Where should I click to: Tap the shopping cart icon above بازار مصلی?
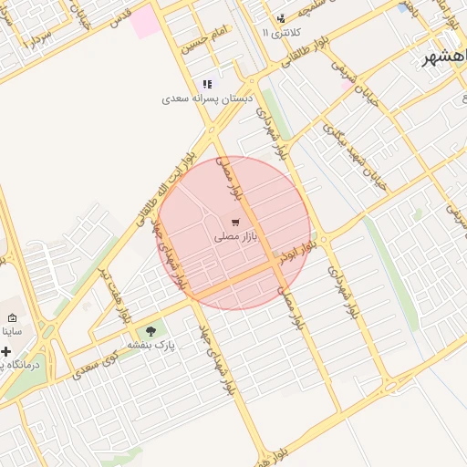(236, 222)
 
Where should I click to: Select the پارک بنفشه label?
(150, 345)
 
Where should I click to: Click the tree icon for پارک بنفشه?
(150, 331)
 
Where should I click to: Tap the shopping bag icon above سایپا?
(11, 317)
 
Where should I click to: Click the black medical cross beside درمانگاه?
(5, 351)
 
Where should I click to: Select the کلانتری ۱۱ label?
(279, 33)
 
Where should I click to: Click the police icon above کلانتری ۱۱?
(280, 18)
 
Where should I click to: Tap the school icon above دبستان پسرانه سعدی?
(208, 84)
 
